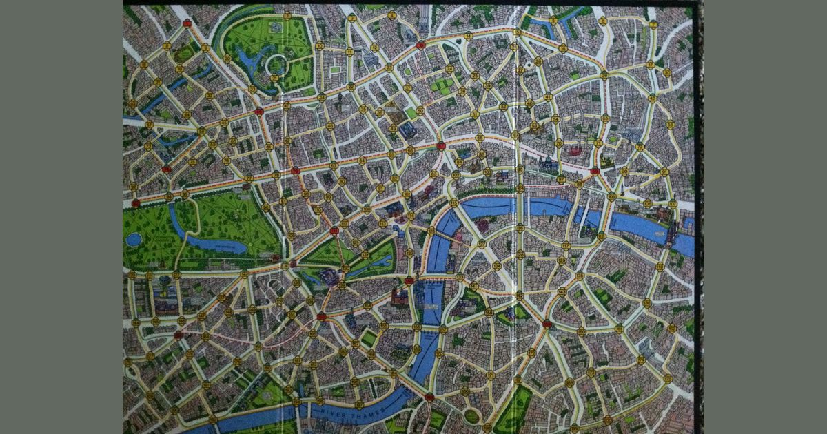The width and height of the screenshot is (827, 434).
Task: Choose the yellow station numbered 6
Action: pyautogui.click(x=603, y=21)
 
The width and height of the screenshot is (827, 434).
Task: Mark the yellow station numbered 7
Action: pyautogui.click(x=653, y=25)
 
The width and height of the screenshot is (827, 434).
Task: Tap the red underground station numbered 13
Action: pyautogui.click(x=420, y=45)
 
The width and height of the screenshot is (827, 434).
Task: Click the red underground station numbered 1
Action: pyautogui.click(x=187, y=23)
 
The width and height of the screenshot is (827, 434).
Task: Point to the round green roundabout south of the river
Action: pyautogui.click(x=471, y=415)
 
